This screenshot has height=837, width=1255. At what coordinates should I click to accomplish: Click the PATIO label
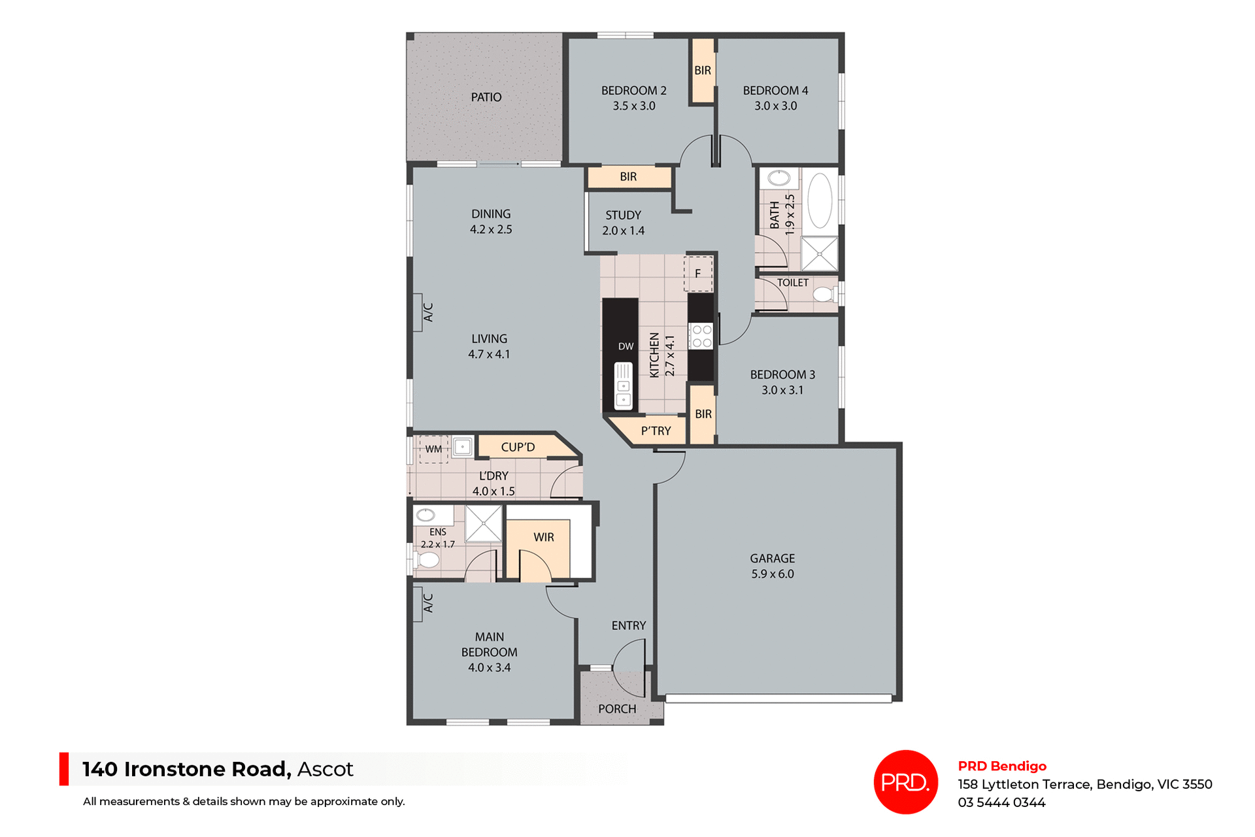pos(486,97)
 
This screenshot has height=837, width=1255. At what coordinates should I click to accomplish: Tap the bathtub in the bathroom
pos(820,201)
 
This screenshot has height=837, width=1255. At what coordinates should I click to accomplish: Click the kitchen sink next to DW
pos(624,386)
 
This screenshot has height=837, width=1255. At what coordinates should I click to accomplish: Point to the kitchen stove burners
pos(702,336)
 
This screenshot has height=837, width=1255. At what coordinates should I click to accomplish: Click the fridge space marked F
pos(698,274)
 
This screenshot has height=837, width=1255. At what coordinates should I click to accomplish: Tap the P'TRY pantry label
pos(656,431)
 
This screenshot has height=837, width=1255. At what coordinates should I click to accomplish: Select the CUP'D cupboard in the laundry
pos(518,448)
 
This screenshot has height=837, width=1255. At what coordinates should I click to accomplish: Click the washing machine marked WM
pos(433,450)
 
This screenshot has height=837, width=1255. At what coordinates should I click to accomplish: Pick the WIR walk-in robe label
pos(544,537)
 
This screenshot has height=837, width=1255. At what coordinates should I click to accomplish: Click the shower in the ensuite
pos(484,523)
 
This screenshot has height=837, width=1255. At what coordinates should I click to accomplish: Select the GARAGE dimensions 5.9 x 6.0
pos(773,574)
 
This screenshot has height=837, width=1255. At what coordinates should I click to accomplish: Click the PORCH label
pos(617,709)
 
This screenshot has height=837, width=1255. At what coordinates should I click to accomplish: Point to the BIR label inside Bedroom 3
pos(703,414)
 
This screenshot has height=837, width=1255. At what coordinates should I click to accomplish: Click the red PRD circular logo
pos(905,782)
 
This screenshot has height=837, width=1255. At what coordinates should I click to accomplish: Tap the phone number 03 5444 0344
pos(1001,803)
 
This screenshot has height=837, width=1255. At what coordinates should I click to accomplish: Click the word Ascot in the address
pos(325,770)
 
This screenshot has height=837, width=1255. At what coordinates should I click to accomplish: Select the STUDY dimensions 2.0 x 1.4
pos(623,231)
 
